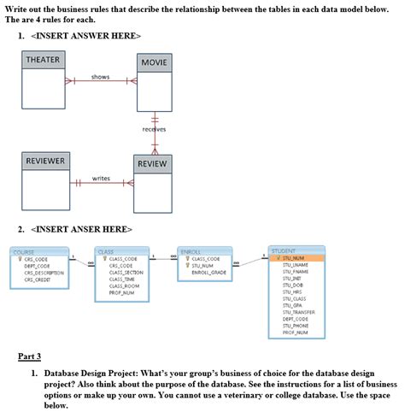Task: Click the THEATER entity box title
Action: [43, 59]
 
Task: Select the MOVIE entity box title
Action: [156, 63]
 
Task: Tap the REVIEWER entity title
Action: [45, 161]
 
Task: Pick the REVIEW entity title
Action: [155, 163]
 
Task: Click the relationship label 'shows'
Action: [101, 77]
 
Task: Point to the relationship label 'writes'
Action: [100, 178]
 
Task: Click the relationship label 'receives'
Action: [155, 129]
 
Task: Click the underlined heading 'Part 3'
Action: [29, 356]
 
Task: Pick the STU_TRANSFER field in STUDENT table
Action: [299, 312]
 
